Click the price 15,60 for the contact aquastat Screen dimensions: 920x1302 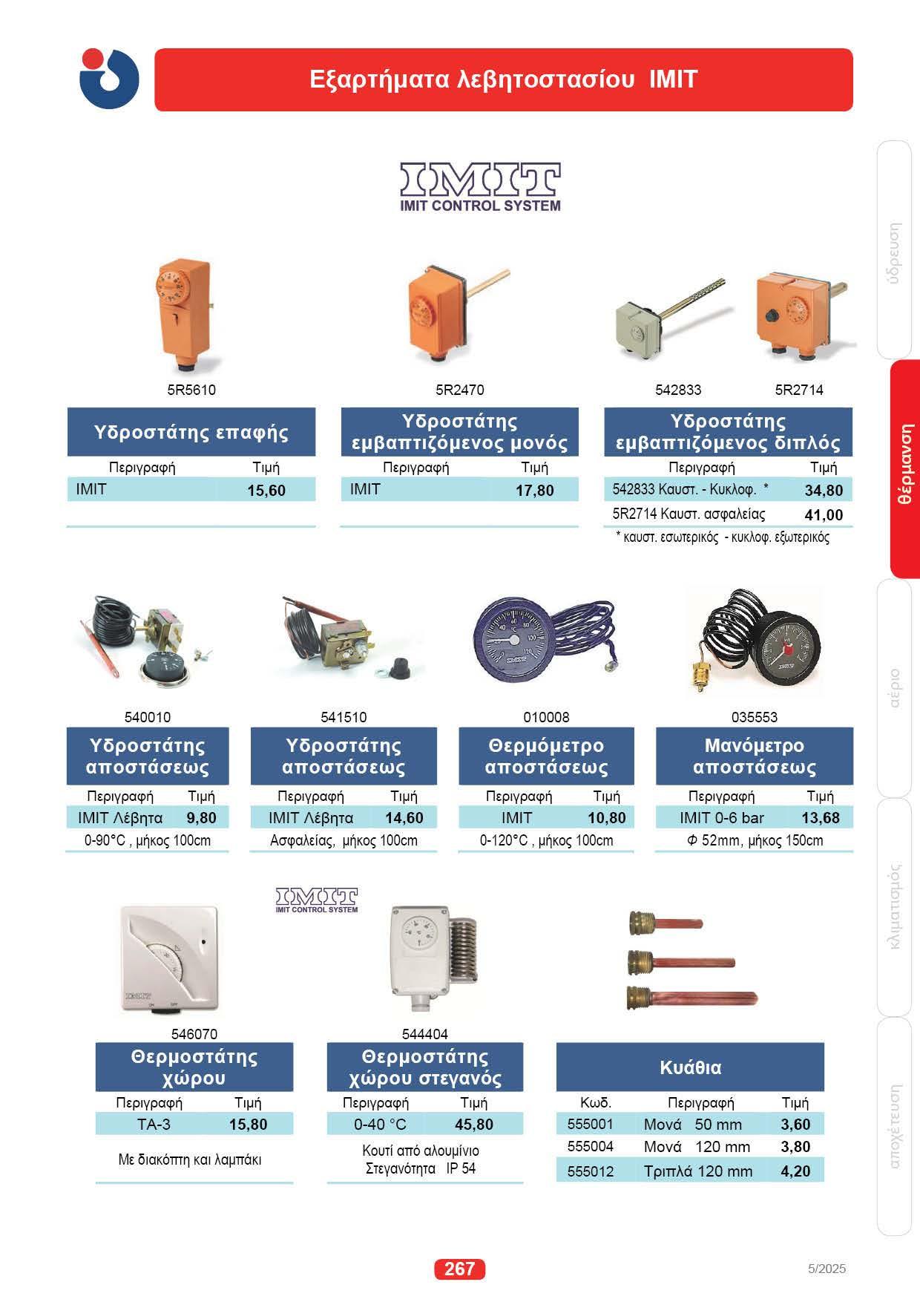click(x=266, y=491)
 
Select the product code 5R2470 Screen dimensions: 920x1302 click(x=460, y=390)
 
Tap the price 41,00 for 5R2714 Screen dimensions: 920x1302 click(x=824, y=515)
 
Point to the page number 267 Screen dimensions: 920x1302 click(x=459, y=1269)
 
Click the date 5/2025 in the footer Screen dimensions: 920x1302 click(x=827, y=1269)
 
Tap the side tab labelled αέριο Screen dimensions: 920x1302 click(x=895, y=688)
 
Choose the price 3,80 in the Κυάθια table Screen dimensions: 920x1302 click(x=795, y=1147)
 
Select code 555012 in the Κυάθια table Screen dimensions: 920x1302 click(x=591, y=1171)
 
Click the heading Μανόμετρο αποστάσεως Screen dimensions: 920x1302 click(x=754, y=756)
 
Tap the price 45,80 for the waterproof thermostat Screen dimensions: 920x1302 click(x=474, y=1124)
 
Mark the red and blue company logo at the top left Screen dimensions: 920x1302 click(x=109, y=79)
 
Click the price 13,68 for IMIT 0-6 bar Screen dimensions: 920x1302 click(x=821, y=818)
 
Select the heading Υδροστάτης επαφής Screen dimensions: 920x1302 click(x=191, y=432)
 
